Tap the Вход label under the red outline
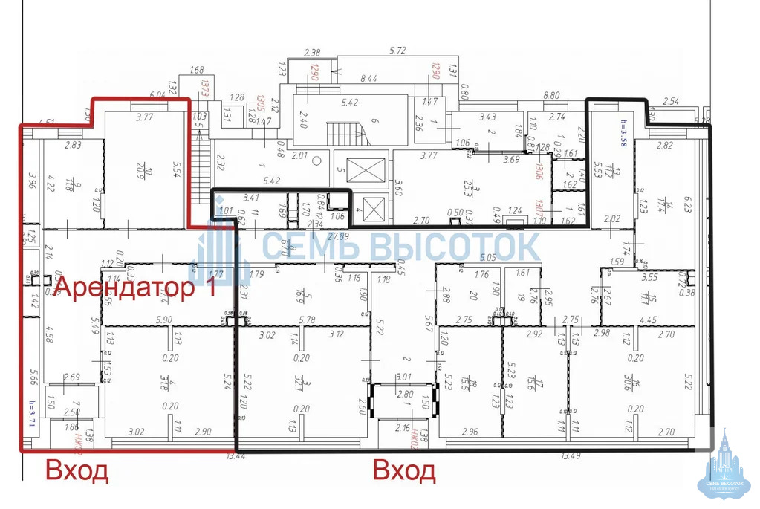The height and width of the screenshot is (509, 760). tap(77, 471)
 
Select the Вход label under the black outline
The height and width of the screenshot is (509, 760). tap(404, 471)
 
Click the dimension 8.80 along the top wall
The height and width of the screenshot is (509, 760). tap(550, 95)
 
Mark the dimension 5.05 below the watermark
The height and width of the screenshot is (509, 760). tap(488, 258)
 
